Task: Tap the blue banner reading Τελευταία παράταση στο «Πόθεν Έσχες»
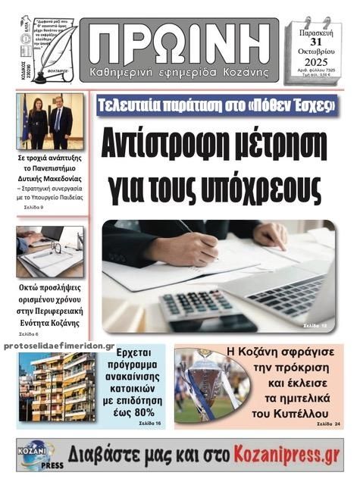(218, 105)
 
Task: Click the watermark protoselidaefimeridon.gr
(57, 346)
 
